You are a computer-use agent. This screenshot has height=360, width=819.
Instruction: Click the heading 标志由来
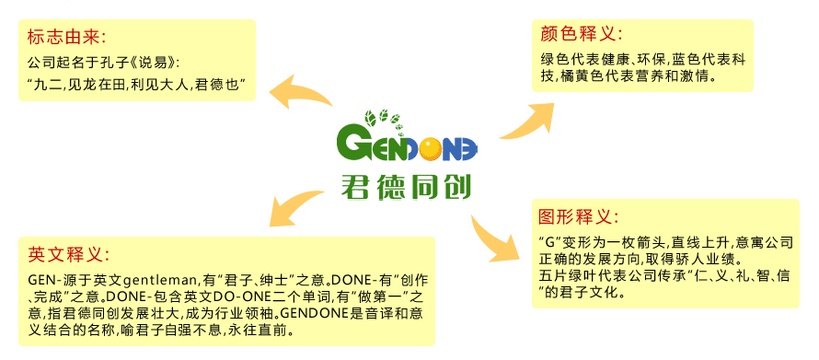pyautogui.click(x=67, y=37)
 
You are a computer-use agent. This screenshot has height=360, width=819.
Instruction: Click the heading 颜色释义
pyautogui.click(x=582, y=34)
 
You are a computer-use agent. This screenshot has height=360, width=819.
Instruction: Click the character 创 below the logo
pyautogui.click(x=456, y=187)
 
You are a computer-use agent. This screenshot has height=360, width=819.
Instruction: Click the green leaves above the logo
pyautogui.click(x=383, y=119)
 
